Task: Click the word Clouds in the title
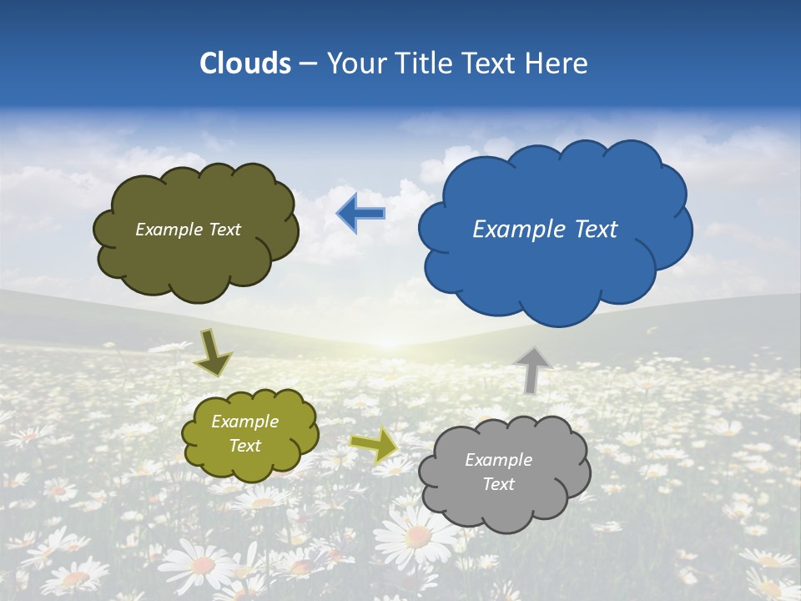pyautogui.click(x=245, y=63)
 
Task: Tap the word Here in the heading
pyautogui.click(x=557, y=63)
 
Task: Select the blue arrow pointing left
pyautogui.click(x=360, y=213)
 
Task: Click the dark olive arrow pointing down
pyautogui.click(x=213, y=352)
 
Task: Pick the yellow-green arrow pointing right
pyautogui.click(x=373, y=444)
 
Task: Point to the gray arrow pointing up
pyautogui.click(x=532, y=369)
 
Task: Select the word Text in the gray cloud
pyautogui.click(x=498, y=484)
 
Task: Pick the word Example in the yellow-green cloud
pyautogui.click(x=244, y=422)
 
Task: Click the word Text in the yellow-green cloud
pyautogui.click(x=244, y=446)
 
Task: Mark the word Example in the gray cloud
pyautogui.click(x=498, y=460)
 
